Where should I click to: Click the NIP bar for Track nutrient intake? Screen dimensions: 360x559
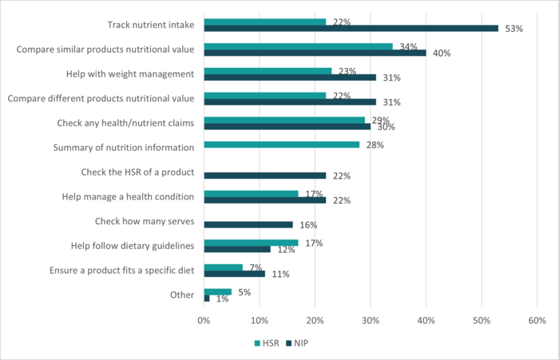351,28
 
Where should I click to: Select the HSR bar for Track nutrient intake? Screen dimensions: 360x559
265,22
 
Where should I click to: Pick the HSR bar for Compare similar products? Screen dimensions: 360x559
298,46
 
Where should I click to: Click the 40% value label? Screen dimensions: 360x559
442,53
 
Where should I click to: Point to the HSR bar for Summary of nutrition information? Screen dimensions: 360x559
281,144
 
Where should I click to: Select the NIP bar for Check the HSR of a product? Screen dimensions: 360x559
265,176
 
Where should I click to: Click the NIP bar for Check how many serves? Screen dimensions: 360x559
248,224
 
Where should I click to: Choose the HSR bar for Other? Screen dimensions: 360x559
217,291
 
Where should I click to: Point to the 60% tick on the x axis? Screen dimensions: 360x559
536,320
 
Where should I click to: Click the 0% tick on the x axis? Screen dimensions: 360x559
204,320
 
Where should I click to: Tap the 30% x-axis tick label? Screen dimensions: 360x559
370,320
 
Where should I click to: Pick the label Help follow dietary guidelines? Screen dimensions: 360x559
128,245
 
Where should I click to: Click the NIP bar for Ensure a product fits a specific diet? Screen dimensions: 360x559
234,273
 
